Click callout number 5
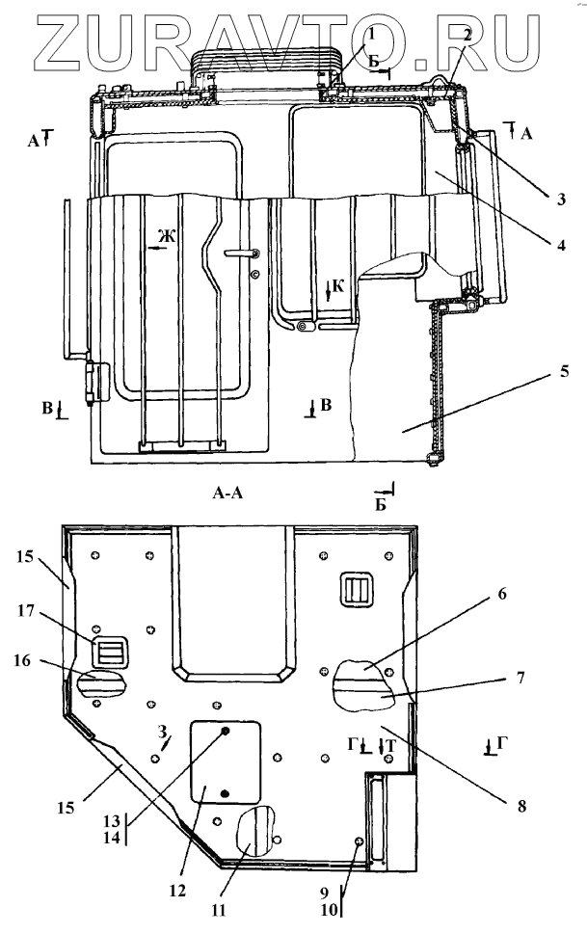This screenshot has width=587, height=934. [564, 371]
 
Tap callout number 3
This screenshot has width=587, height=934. [560, 199]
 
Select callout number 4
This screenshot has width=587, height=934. [560, 244]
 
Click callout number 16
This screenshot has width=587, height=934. [21, 661]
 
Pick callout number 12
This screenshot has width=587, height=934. [177, 890]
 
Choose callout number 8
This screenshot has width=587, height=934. [521, 806]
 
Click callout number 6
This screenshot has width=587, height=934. [502, 594]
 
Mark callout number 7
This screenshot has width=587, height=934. [520, 678]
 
